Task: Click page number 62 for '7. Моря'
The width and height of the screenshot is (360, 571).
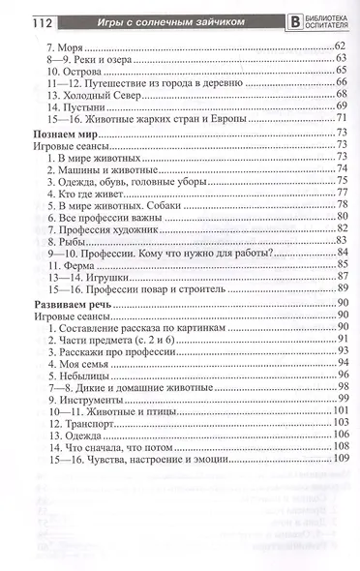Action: [x=340, y=45]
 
